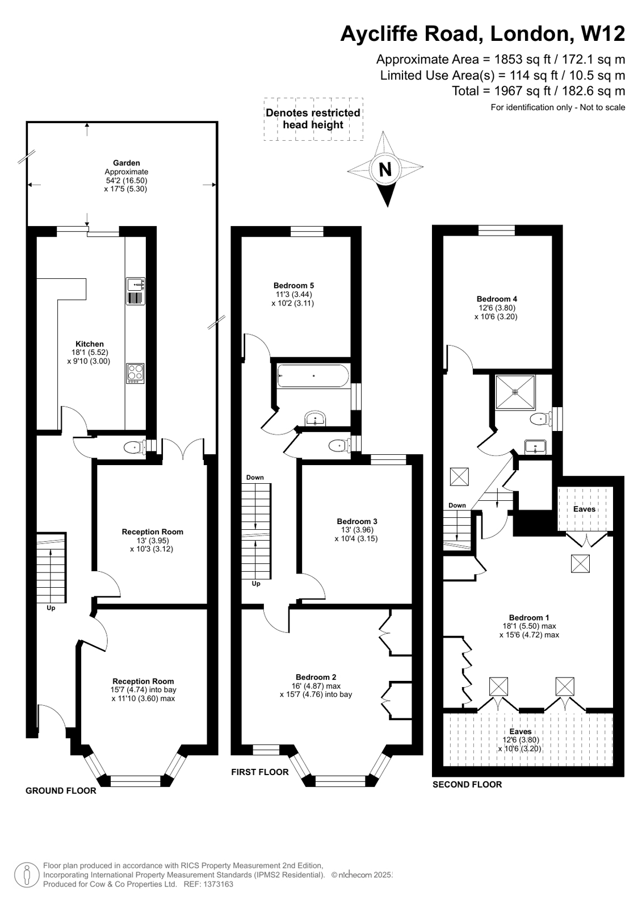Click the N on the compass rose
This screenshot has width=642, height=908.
[385, 169]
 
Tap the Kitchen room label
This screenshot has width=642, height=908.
[90, 344]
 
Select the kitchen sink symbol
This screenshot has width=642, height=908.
[135, 284]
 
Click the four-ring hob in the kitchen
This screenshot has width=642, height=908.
[135, 373]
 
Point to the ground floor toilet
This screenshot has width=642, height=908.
[133, 447]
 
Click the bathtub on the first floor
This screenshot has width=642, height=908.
[313, 375]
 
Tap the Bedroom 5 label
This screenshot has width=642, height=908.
[293, 286]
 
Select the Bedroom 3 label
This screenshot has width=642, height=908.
[356, 521]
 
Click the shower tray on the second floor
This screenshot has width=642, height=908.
[515, 392]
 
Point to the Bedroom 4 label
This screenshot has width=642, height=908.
[497, 299]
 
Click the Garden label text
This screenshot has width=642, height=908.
[126, 163]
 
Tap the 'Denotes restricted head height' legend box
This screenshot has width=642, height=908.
[313, 119]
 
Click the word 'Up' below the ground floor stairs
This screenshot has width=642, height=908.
[51, 608]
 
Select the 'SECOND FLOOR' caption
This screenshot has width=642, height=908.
[467, 785]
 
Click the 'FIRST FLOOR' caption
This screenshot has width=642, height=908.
[259, 772]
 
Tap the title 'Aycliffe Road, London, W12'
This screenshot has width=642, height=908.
[482, 34]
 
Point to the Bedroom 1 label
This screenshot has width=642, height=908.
[528, 617]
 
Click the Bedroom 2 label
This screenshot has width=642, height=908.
[316, 677]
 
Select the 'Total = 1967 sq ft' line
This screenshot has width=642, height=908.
[538, 91]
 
